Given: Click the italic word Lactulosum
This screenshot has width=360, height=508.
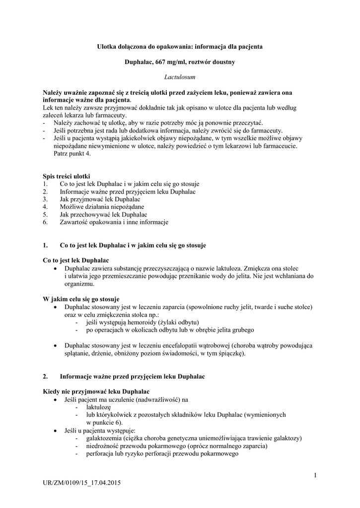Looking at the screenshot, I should tap(179, 77).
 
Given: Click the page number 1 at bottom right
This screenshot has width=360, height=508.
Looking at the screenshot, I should tap(315, 476).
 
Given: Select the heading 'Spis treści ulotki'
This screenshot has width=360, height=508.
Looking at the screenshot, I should tap(67, 177).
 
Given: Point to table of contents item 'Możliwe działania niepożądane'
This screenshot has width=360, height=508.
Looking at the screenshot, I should tap(102, 206).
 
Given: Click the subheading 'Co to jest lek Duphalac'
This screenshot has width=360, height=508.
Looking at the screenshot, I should tap(76, 260).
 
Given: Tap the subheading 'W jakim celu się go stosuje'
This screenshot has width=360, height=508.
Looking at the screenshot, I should tap(81, 299).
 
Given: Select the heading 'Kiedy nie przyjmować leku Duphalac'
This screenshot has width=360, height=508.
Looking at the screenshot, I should tap(96, 392).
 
